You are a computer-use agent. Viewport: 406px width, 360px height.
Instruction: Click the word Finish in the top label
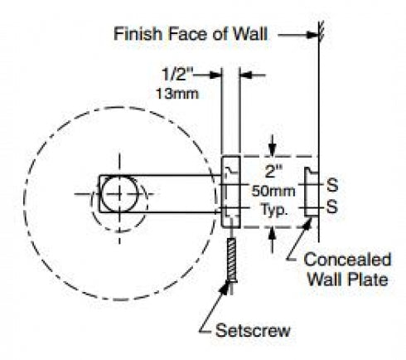[x=138, y=34]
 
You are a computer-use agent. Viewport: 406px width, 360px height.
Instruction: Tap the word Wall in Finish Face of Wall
[x=250, y=34]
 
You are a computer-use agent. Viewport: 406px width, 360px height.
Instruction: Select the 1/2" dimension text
[x=177, y=74]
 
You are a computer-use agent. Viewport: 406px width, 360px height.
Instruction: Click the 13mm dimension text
[x=177, y=94]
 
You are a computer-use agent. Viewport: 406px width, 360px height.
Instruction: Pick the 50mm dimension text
[x=273, y=191]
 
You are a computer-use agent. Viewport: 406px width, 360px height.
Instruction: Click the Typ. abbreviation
[x=274, y=211]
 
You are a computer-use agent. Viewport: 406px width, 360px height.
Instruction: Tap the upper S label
[x=332, y=185]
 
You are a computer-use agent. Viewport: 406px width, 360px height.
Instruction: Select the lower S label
[x=332, y=207]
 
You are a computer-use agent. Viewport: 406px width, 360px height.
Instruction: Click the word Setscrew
[x=253, y=330]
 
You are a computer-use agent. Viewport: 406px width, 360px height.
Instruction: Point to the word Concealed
[x=347, y=260]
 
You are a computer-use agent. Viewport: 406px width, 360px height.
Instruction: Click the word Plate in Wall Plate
[x=368, y=280]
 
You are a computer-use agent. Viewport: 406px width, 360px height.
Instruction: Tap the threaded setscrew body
[x=231, y=260]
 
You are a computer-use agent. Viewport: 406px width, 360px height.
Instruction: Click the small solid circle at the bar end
[x=119, y=194]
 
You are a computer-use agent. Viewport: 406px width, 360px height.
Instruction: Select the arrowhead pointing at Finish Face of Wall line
[x=313, y=35]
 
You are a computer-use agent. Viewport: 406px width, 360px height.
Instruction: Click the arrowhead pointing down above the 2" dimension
[x=273, y=150]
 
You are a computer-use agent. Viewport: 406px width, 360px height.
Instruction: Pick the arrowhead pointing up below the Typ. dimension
[x=273, y=235]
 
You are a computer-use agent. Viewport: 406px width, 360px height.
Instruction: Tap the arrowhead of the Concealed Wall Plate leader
[x=308, y=223]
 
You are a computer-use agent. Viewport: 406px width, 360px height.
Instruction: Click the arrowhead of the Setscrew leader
[x=226, y=288]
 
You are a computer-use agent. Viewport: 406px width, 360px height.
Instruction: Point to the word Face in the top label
[x=187, y=34]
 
